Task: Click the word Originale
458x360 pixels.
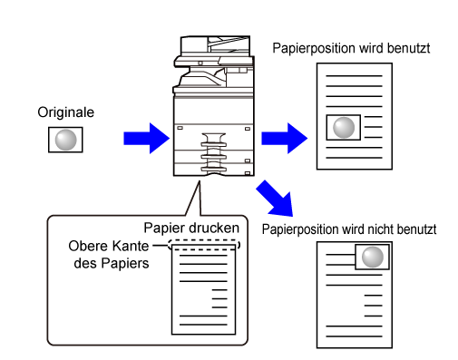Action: [66, 112]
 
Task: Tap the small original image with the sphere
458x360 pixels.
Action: [65, 140]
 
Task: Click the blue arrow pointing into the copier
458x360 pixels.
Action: [146, 138]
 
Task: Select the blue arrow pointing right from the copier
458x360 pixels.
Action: [284, 138]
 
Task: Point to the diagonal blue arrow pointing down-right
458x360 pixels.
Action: [276, 199]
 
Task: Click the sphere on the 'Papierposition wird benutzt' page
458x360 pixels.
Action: [344, 128]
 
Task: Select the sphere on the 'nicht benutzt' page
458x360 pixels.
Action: [373, 257]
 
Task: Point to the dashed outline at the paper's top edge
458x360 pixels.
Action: [204, 240]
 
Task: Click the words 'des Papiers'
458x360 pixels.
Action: [112, 263]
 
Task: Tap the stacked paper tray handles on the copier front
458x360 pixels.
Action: [214, 152]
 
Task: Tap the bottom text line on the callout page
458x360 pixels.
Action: [203, 325]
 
